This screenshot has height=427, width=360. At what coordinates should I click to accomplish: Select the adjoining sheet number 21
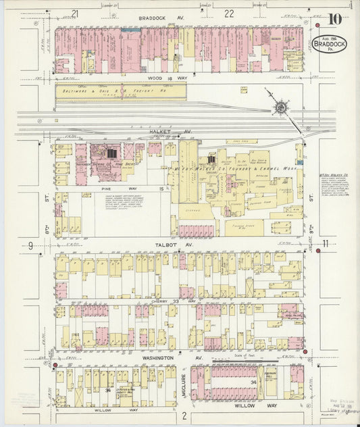[x=75, y=13]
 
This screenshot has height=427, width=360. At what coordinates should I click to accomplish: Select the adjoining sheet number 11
[x=325, y=244]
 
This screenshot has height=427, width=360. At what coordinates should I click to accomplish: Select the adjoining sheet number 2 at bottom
[x=184, y=418]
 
